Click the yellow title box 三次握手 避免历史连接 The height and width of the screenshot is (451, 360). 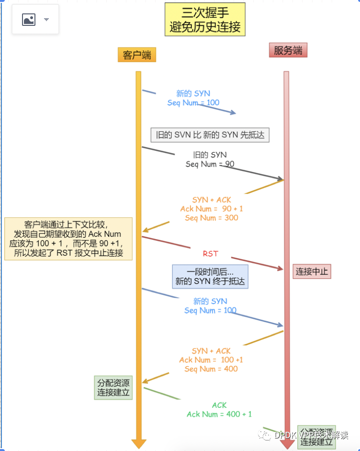tap(205, 20)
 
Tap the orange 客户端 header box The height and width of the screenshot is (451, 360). tap(137, 55)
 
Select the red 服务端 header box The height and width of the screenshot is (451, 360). tap(288, 50)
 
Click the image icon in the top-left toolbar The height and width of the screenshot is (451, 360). tap(29, 20)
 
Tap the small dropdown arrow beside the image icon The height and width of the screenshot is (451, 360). tap(46, 20)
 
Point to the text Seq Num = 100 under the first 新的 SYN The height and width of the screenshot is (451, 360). tap(193, 102)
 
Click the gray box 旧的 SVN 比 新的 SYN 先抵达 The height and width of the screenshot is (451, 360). tap(210, 135)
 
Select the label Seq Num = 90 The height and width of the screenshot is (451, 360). tap(210, 164)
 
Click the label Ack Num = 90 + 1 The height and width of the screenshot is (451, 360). tap(212, 209)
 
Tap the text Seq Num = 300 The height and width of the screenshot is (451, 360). tap(212, 218)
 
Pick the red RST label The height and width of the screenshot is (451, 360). tap(210, 253)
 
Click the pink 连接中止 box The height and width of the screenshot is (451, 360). tap(312, 271)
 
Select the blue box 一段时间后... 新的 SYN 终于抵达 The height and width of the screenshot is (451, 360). tap(210, 276)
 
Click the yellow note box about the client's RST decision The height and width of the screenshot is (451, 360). tap(68, 238)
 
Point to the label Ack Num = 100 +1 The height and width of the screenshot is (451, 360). tap(211, 360)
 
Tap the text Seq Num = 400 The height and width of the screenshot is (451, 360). tap(211, 369)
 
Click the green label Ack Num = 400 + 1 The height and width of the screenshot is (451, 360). tap(219, 414)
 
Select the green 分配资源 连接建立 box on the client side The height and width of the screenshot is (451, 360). tap(113, 388)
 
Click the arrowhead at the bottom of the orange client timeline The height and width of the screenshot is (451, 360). tap(138, 444)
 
